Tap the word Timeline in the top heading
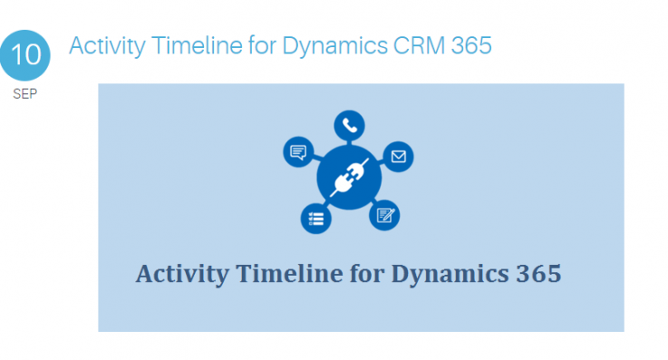[188, 44]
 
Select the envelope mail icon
[397, 156]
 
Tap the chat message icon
[296, 151]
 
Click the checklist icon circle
[315, 218]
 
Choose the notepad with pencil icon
[384, 215]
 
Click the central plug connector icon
[346, 177]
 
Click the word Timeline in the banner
[272, 273]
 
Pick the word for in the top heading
[257, 44]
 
